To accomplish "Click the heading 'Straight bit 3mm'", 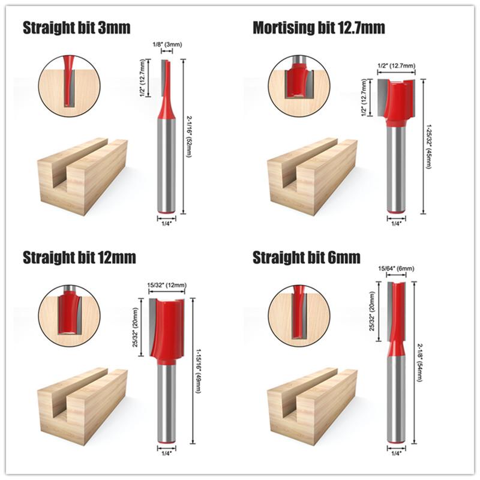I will pos(76,28).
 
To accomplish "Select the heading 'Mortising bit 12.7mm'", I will pos(319,28).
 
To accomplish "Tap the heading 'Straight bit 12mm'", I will pos(79,258).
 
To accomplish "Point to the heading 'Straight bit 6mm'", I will pos(307,258).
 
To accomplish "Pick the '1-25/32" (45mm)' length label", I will pos(428,146).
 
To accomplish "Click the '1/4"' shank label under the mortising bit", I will pos(396,223).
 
